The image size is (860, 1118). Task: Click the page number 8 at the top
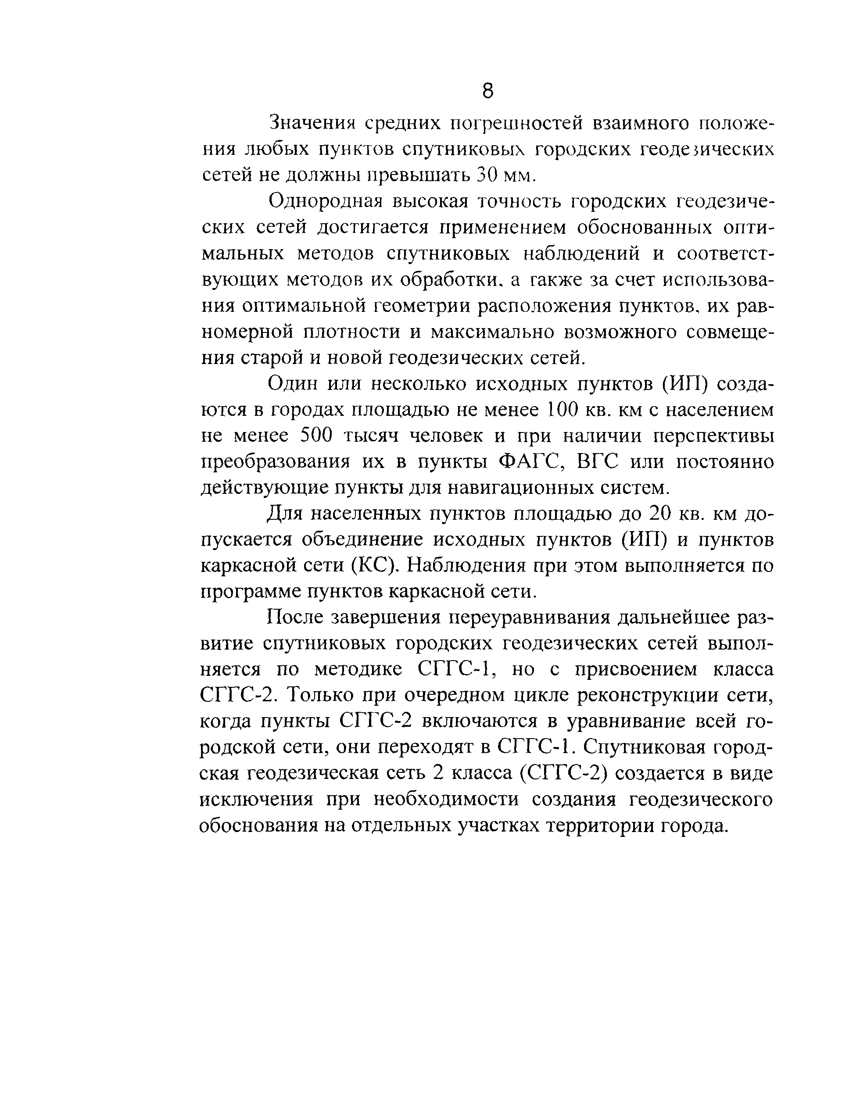[488, 92]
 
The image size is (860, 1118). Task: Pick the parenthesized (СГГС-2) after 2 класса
[563, 773]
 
